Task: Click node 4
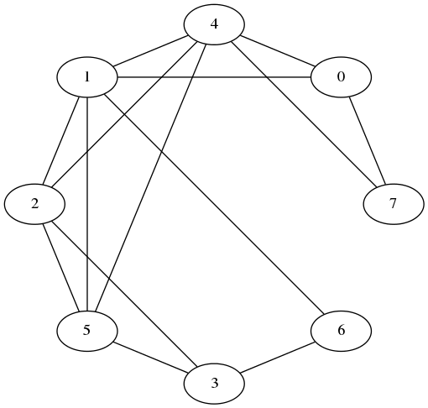[214, 24]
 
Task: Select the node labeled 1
[87, 77]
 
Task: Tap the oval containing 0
[341, 77]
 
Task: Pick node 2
[34, 204]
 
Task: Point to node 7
[394, 204]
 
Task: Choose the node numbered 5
[87, 331]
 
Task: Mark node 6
[341, 331]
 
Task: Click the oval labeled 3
[214, 384]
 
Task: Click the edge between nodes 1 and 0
[214, 77]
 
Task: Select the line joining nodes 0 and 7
[368, 140]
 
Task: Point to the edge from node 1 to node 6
[214, 204]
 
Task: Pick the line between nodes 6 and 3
[278, 358]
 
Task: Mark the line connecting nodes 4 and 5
[150, 178]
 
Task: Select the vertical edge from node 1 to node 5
[87, 204]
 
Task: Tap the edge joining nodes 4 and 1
[150, 51]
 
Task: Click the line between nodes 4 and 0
[278, 51]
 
